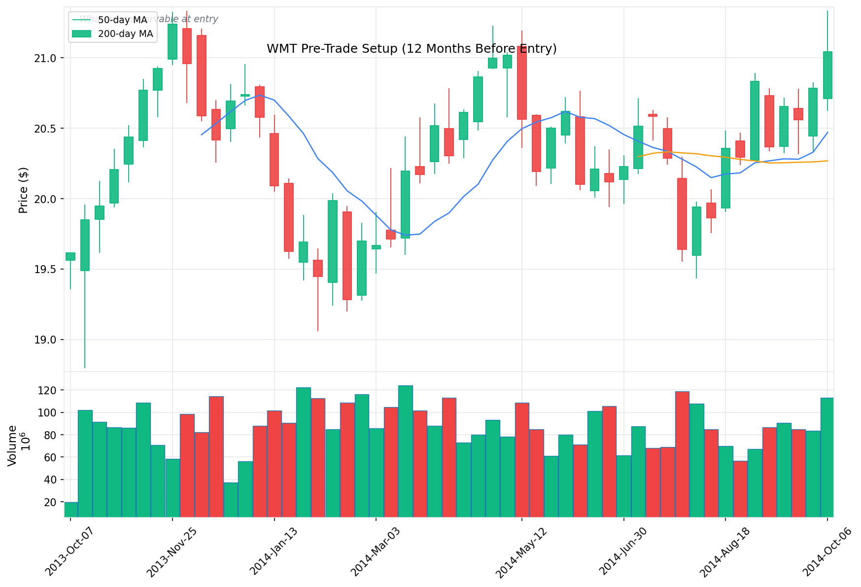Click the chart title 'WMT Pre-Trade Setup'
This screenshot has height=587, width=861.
411,49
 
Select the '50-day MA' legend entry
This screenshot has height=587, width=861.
122,20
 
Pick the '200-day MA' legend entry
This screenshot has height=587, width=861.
125,34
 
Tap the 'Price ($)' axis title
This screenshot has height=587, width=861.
23,190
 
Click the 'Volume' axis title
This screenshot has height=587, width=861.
12,445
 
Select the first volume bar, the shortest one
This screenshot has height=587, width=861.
71,510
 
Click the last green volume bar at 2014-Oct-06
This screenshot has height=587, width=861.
827,457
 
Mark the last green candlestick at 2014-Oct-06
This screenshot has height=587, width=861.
827,75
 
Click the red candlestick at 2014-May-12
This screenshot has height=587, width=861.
522,83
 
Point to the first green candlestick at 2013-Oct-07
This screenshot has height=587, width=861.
70,256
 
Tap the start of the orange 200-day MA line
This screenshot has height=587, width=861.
639,157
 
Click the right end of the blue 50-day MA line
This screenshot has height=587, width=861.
827,132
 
